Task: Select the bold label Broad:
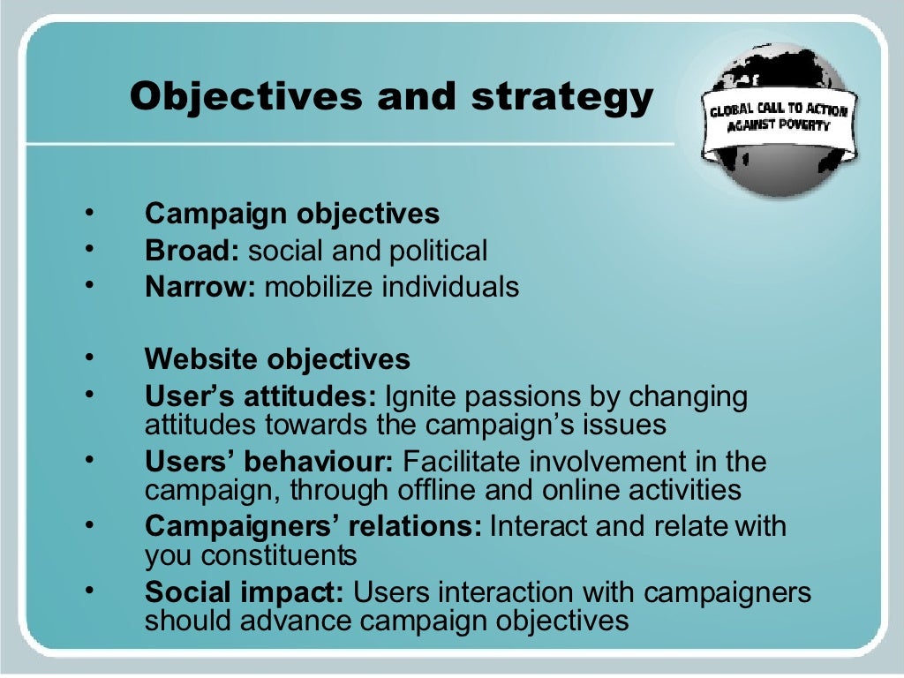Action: click(x=192, y=251)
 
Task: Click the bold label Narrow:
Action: click(x=200, y=287)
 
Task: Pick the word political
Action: click(x=438, y=251)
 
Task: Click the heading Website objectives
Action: click(x=277, y=359)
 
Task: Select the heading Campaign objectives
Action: click(x=292, y=214)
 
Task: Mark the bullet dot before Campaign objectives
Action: click(x=89, y=213)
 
